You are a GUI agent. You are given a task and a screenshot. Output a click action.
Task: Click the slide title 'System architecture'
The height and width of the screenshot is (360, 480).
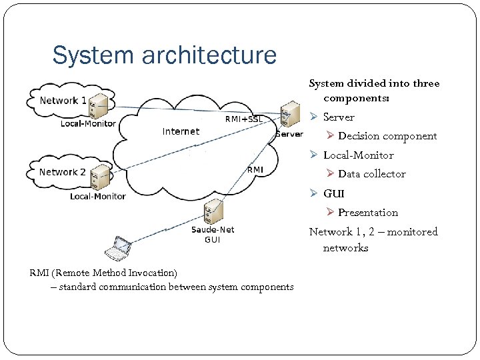pyautogui.click(x=164, y=55)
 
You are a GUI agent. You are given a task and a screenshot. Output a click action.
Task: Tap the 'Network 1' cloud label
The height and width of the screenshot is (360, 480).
pyautogui.click(x=63, y=101)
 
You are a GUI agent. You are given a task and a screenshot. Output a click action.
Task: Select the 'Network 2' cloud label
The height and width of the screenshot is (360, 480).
pyautogui.click(x=62, y=172)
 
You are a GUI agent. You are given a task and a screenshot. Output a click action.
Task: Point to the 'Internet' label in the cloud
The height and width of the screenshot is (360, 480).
pyautogui.click(x=181, y=131)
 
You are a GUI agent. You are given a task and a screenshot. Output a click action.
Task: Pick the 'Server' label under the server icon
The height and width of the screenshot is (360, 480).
pyautogui.click(x=289, y=134)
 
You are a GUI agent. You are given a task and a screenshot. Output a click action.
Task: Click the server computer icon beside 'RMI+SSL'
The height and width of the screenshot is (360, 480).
pyautogui.click(x=290, y=114)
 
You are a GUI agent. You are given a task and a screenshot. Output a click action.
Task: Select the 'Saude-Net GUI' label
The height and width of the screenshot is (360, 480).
pyautogui.click(x=212, y=235)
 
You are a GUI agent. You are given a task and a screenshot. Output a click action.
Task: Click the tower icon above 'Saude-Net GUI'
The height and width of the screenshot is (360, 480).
pyautogui.click(x=213, y=211)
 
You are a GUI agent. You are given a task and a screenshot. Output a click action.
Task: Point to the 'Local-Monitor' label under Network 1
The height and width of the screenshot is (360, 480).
pyautogui.click(x=88, y=123)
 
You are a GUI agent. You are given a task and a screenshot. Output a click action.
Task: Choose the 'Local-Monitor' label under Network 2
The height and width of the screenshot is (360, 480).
pyautogui.click(x=98, y=196)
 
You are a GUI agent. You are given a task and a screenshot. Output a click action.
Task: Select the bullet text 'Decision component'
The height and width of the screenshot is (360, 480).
pyautogui.click(x=387, y=136)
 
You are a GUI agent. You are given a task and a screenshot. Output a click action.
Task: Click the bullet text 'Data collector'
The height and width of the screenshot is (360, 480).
pyautogui.click(x=371, y=174)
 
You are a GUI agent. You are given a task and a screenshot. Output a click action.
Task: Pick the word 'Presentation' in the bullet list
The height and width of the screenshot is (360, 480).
pyautogui.click(x=367, y=213)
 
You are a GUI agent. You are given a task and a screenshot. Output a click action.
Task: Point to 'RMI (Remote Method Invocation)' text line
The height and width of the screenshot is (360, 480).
pyautogui.click(x=103, y=273)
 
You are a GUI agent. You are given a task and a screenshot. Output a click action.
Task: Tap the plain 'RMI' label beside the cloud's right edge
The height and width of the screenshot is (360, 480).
pyautogui.click(x=255, y=170)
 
